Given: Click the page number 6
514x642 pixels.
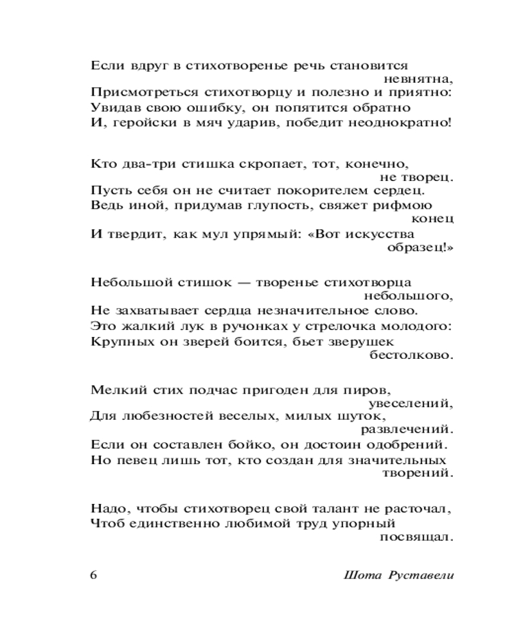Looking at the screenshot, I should [94, 574].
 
